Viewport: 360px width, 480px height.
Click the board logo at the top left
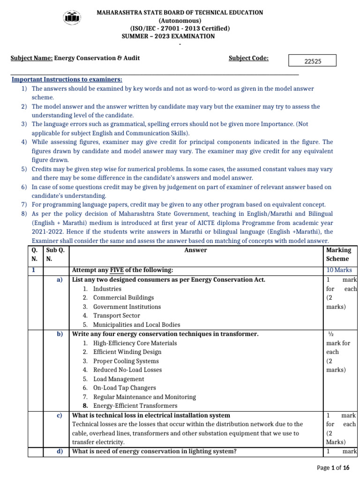coord(72,18)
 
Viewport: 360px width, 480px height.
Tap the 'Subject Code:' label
coord(248,58)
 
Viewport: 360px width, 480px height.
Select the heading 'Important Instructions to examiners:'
coord(67,80)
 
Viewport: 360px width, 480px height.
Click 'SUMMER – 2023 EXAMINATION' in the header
coord(168,36)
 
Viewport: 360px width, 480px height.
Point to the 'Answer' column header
coord(195,250)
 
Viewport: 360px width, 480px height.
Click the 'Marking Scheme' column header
coord(338,254)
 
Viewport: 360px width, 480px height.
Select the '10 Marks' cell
coord(339,270)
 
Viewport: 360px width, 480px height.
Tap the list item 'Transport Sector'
coord(116,315)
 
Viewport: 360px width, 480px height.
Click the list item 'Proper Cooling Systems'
coord(126,361)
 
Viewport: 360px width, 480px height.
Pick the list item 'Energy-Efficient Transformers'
coord(135,405)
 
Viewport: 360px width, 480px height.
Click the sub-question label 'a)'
coord(60,280)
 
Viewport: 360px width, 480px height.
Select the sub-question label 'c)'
coord(60,415)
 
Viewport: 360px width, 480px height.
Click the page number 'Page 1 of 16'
coord(333,468)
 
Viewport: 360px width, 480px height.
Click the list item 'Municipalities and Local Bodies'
coord(136,324)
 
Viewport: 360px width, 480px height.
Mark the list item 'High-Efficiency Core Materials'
coord(135,343)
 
